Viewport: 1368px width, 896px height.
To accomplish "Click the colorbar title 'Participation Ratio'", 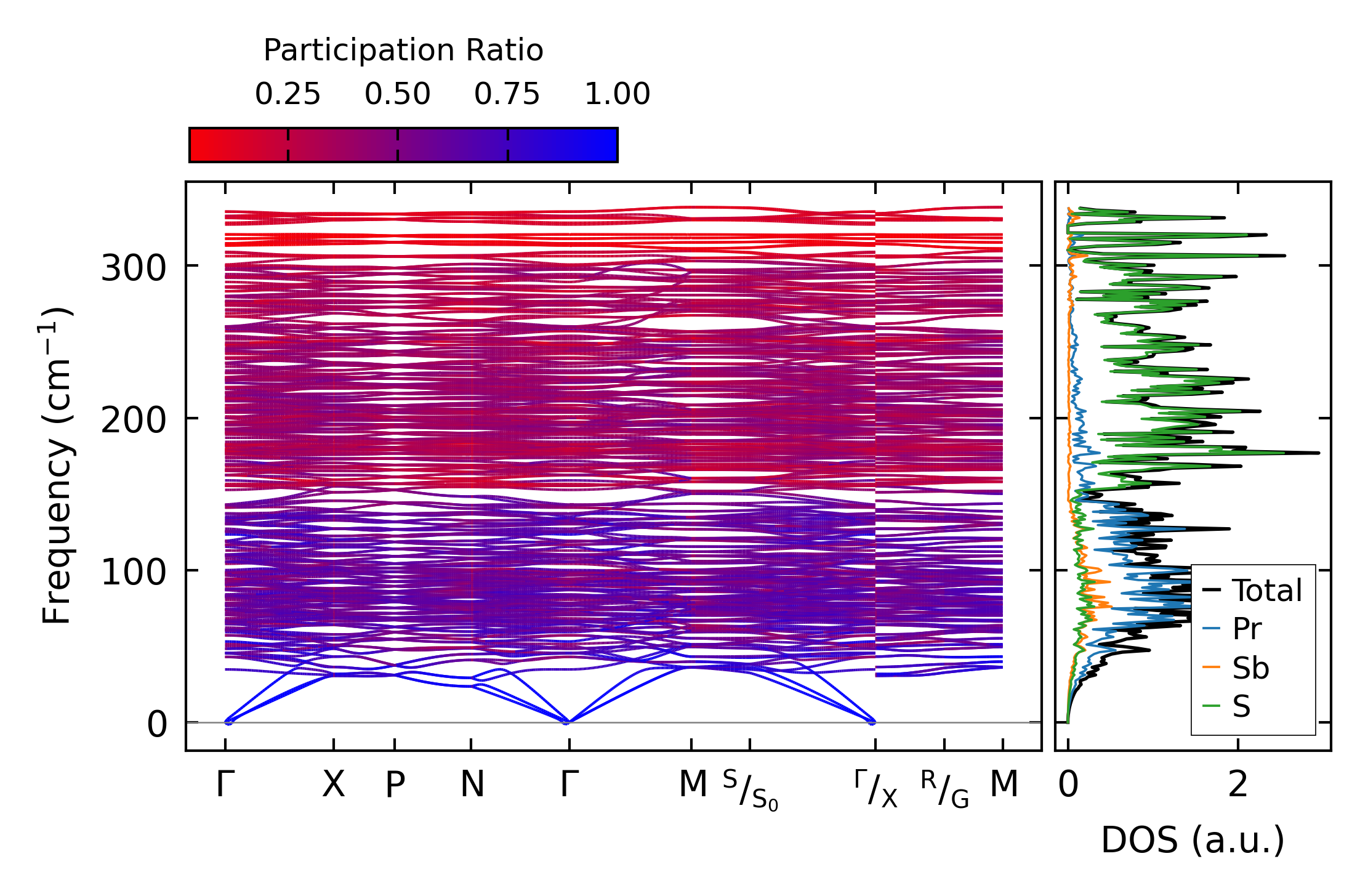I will click(403, 50).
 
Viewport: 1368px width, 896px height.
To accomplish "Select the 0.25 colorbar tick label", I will click(288, 94).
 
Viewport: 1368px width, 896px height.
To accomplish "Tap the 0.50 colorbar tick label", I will click(397, 94).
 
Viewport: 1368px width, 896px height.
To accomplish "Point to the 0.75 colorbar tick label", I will click(507, 94).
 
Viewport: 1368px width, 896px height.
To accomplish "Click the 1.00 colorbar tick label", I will click(617, 94).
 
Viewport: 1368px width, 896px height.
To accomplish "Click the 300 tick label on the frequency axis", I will click(134, 268).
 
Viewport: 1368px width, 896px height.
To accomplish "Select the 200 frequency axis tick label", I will click(134, 421).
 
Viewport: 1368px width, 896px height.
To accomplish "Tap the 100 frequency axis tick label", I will click(134, 573).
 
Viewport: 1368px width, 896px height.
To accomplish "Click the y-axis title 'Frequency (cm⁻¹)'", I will click(57, 466).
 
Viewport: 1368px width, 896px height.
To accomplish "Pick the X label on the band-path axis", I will click(334, 785).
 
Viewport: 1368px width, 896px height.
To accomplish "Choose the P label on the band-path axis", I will click(395, 785).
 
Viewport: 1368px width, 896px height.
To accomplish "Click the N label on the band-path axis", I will click(472, 785).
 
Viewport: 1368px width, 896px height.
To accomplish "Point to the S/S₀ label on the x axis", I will click(750, 789).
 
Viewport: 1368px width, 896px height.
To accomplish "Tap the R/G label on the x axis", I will click(944, 789).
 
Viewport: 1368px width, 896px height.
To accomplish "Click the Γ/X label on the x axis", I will click(875, 789).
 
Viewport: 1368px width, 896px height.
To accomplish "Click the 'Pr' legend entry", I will click(1247, 629).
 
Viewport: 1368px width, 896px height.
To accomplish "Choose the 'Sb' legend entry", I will click(1250, 668).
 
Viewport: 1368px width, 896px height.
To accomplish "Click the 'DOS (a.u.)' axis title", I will click(1193, 840).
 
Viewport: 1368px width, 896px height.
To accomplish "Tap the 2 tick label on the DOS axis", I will click(1238, 785).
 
